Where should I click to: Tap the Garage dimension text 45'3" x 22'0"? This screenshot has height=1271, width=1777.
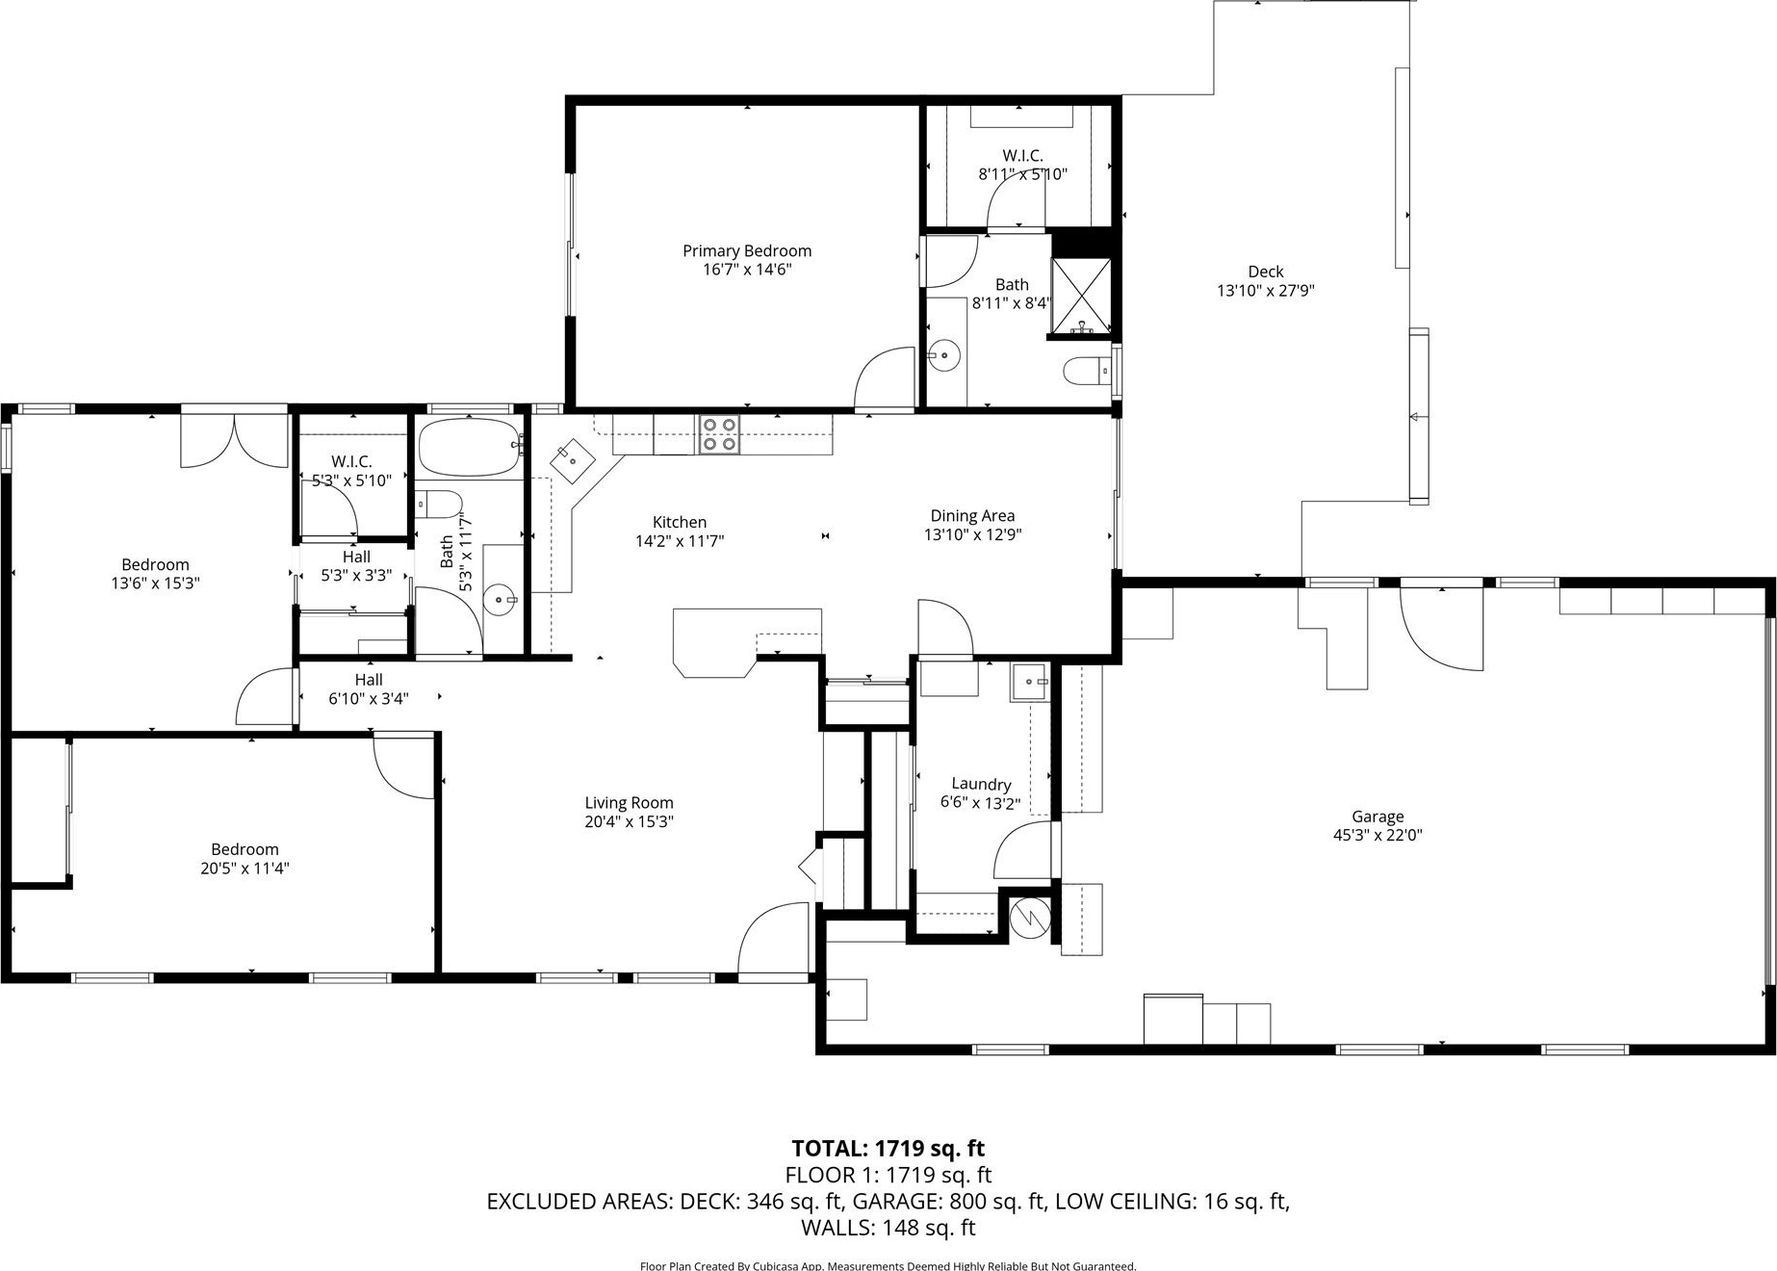point(1378,836)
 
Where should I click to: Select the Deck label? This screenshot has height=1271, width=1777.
point(1266,272)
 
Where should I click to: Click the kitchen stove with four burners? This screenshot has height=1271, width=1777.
point(719,433)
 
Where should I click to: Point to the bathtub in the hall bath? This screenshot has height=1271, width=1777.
point(470,447)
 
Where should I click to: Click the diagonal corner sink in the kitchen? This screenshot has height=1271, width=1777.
point(574,460)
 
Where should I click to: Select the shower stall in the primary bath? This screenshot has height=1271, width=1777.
point(1081,298)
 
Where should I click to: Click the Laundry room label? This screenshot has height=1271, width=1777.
point(981,784)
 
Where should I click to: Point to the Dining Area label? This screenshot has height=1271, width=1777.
point(972,516)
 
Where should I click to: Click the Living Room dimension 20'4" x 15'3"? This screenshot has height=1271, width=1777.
point(630,821)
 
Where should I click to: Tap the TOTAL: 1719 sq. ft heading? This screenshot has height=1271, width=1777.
point(888,1148)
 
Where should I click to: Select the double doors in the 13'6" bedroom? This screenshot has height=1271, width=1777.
point(234,441)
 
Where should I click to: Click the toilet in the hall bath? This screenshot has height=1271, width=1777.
point(439,504)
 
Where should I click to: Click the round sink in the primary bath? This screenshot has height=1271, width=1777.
point(944,356)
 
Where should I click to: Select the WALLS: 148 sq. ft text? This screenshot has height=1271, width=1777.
point(888,1228)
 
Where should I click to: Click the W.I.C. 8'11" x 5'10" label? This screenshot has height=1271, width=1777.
point(1022,165)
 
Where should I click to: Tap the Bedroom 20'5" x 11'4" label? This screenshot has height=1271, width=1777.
point(245,859)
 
